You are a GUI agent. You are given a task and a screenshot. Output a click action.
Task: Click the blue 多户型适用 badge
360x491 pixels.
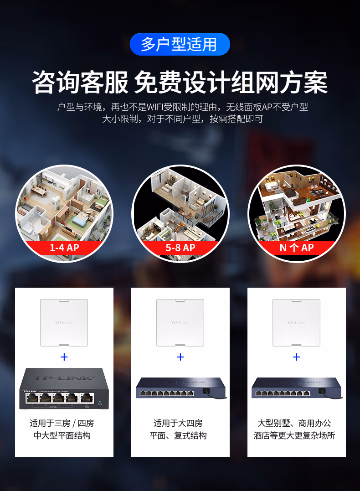point(180,44)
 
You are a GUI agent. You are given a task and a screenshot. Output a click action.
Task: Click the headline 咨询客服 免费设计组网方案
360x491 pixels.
point(180,82)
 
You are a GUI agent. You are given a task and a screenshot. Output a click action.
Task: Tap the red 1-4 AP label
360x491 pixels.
point(64,248)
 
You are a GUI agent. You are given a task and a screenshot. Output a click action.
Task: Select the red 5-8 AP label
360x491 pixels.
point(180,248)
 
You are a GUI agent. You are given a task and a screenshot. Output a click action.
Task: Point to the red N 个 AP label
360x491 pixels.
point(296,248)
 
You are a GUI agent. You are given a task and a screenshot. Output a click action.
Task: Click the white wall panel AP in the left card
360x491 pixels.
point(64,323)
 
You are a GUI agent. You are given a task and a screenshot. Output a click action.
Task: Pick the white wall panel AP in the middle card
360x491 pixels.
point(180,323)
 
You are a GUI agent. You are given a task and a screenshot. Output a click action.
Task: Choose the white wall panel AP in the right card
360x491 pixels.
point(296,323)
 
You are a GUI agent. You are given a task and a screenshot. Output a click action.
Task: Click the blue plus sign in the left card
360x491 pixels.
point(64,357)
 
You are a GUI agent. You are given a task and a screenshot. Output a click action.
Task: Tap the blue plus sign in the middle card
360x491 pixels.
point(180,357)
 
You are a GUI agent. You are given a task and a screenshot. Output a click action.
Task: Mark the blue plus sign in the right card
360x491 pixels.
point(297,357)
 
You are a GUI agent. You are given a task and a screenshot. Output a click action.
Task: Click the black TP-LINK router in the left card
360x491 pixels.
point(64,388)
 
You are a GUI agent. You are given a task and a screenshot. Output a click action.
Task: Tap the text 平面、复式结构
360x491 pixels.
point(178,436)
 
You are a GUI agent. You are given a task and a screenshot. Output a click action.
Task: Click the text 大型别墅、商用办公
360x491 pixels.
point(294,424)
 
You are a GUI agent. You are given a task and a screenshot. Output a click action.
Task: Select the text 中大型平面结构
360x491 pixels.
point(62,436)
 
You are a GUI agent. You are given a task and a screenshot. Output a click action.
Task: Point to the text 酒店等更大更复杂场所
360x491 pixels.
point(294,436)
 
